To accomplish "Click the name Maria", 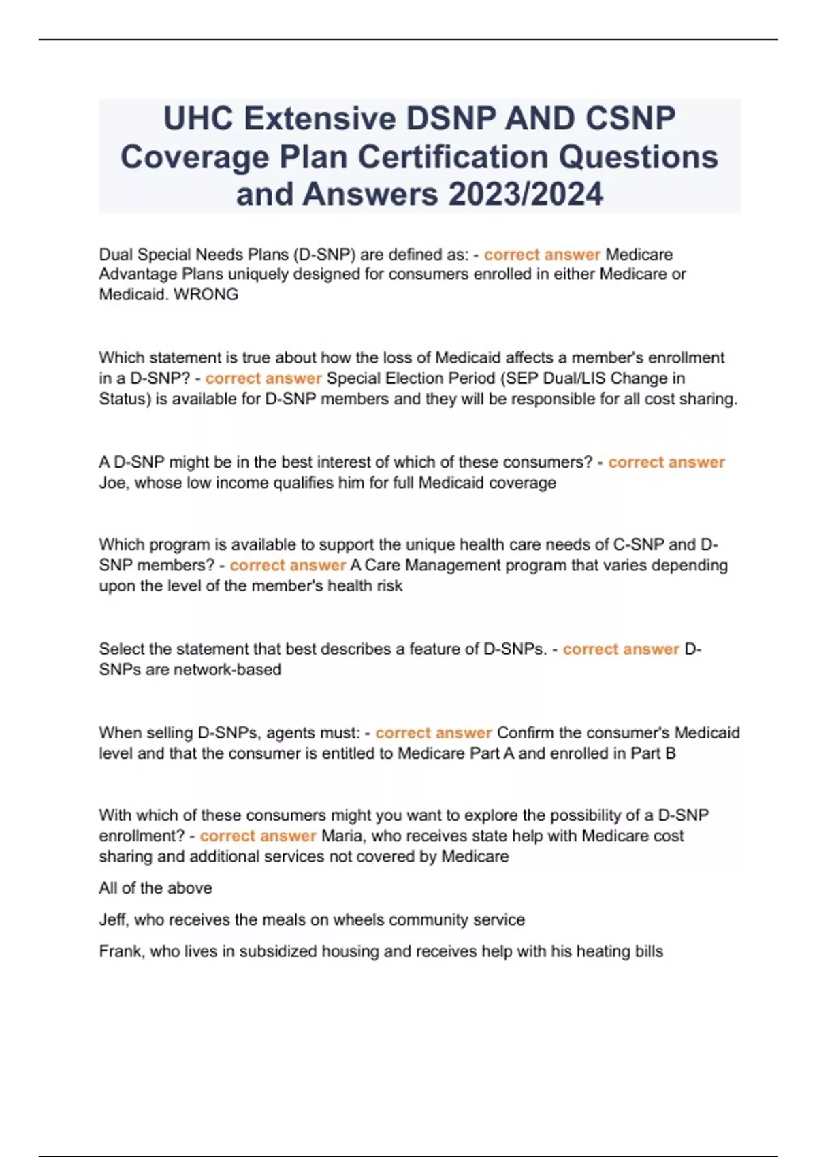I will (x=342, y=836).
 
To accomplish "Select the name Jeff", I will (x=113, y=919).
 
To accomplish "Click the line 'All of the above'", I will (x=155, y=888).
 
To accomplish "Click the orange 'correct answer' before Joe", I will (x=667, y=462).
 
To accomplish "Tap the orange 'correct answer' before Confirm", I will (x=433, y=733).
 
